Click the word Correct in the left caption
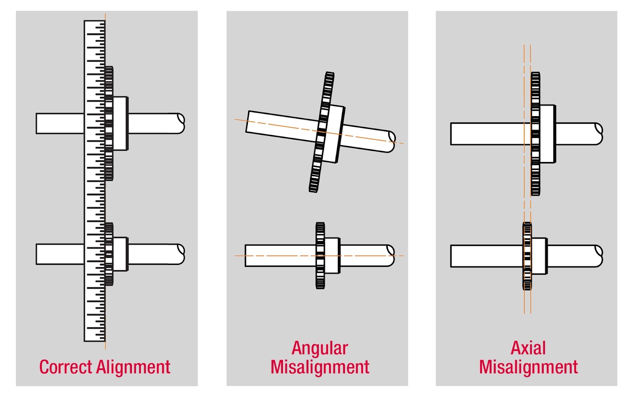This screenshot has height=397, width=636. [x=66, y=367]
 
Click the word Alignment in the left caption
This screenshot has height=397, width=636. [x=133, y=367]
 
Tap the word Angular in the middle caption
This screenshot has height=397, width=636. [x=320, y=348]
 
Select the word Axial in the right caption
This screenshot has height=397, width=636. [x=528, y=348]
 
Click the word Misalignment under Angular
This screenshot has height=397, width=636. [x=320, y=367]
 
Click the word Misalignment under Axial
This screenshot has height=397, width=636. [x=528, y=367]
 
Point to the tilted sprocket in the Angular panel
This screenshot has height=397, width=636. [x=322, y=132]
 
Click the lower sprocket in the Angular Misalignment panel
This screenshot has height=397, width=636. [x=320, y=256]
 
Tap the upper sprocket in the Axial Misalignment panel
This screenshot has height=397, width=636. [x=535, y=134]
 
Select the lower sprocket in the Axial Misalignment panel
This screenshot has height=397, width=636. [x=527, y=256]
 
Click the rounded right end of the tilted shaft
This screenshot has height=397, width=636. [x=391, y=142]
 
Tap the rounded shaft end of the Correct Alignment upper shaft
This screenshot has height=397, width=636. [x=181, y=123]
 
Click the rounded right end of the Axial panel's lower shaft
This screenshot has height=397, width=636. [x=599, y=256]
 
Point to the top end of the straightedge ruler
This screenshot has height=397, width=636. [x=95, y=21]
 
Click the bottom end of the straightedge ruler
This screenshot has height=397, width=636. [x=95, y=341]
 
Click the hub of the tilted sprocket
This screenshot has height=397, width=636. [x=334, y=134]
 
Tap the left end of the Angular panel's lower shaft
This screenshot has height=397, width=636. [x=246, y=256]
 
